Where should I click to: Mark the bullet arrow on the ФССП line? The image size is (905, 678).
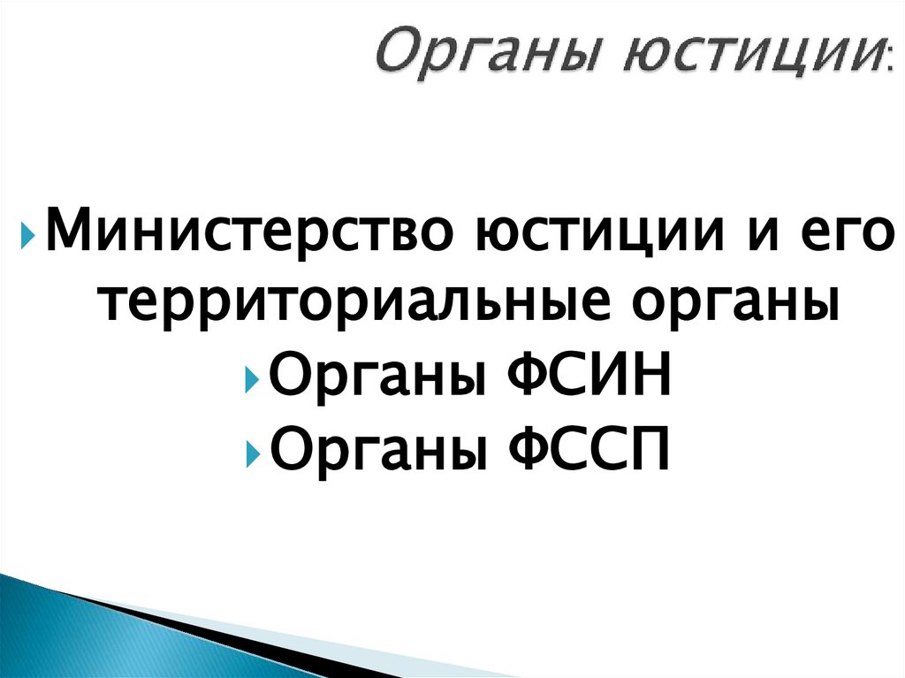point(253,454)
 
